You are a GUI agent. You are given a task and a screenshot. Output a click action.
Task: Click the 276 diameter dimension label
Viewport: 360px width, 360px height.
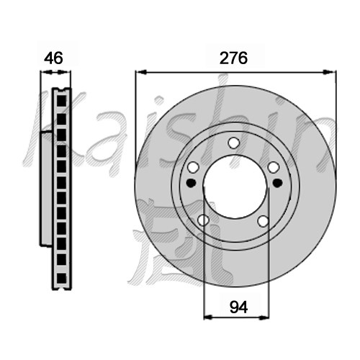click(x=233, y=58)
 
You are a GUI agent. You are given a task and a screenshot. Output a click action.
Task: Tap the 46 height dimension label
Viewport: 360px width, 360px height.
click(x=53, y=58)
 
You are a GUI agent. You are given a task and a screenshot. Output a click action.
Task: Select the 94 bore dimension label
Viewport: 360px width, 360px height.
click(x=238, y=307)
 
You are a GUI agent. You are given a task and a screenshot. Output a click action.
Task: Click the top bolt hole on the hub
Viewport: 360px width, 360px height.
click(x=234, y=143)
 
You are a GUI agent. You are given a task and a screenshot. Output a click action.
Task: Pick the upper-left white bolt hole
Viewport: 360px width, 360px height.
click(x=193, y=167)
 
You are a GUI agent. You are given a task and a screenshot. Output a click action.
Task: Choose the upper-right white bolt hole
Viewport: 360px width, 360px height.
click(x=274, y=167)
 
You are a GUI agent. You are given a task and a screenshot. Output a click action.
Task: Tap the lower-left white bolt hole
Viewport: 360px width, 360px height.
click(x=203, y=220)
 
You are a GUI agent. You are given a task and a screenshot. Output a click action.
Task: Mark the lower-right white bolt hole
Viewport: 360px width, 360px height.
click(x=264, y=221)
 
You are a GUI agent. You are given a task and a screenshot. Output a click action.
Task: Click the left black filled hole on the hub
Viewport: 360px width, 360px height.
click(x=191, y=183)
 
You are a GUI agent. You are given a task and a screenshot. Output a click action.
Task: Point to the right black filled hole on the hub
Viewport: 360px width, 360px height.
click(x=277, y=183)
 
